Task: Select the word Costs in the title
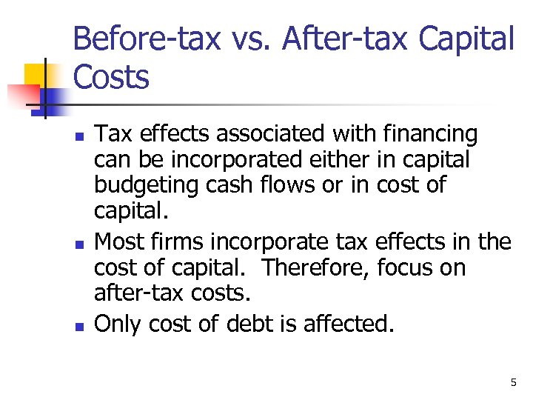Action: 111,77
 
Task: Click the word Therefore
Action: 326,267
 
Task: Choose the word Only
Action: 118,324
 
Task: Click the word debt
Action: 284,324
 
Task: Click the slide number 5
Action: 513,382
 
